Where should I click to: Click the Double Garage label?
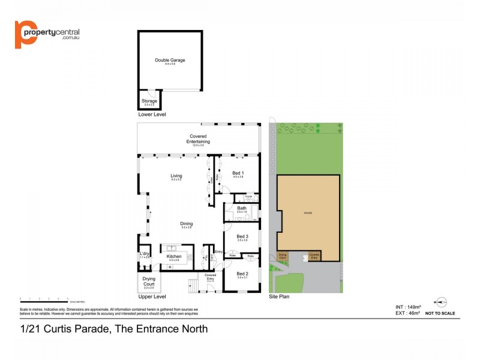(x=170, y=60)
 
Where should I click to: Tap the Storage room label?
(x=149, y=101)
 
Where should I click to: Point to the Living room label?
(x=176, y=176)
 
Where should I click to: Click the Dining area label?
(x=187, y=224)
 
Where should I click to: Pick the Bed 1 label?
(x=238, y=173)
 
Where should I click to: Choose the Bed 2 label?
(x=242, y=274)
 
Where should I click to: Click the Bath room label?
(x=241, y=208)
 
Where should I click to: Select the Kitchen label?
(x=174, y=256)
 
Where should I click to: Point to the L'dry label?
(x=144, y=254)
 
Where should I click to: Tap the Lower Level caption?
(x=152, y=114)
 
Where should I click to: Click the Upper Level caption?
(x=152, y=297)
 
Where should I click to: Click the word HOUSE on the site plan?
(x=308, y=214)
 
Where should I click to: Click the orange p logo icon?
(x=25, y=34)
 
